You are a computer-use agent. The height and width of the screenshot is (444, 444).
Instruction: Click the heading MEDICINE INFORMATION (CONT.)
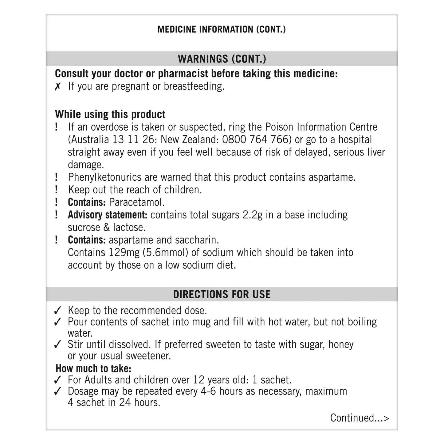[222, 29]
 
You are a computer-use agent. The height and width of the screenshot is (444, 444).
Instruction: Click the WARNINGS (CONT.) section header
[222, 59]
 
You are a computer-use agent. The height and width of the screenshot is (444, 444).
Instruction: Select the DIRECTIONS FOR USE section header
[222, 294]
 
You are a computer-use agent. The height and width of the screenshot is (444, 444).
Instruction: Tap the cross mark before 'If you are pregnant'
[57, 87]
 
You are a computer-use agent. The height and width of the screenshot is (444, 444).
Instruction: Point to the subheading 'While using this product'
[110, 114]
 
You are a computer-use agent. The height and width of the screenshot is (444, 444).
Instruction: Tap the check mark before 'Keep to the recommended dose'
[57, 311]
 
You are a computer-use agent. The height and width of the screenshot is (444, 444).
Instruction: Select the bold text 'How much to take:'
[93, 368]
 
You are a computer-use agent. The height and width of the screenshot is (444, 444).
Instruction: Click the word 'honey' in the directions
[341, 344]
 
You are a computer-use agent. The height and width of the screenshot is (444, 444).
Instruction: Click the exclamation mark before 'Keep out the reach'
[57, 190]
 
